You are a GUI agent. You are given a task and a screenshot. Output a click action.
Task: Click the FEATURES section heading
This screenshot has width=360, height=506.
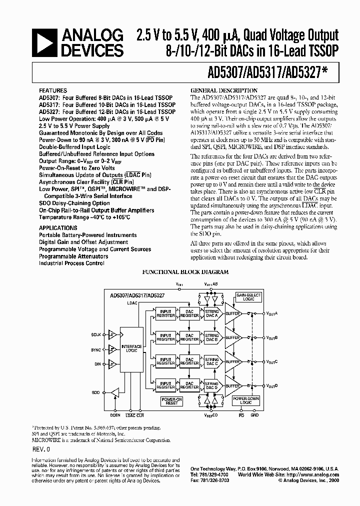coord(52,91)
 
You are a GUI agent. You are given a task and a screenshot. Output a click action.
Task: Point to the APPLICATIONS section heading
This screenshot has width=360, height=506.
coord(58,227)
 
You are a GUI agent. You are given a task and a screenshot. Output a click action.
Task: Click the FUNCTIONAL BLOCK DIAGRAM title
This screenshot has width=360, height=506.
coord(185,272)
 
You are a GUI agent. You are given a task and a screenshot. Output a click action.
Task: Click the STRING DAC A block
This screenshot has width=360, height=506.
coord(212,313)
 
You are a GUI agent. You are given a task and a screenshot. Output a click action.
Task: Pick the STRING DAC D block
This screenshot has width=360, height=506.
coord(212,385)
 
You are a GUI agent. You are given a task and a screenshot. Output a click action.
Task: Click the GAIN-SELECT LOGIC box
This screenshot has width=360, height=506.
coord(248,297)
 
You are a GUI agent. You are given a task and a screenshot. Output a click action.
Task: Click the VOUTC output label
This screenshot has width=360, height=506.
coord(272,361)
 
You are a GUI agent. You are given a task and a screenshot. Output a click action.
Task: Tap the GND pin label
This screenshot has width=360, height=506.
coord(254,414)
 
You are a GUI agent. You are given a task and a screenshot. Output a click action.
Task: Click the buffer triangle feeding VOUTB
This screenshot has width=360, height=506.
coord(232,337)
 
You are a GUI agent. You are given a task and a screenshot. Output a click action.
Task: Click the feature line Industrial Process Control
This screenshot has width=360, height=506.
coord(71,263)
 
